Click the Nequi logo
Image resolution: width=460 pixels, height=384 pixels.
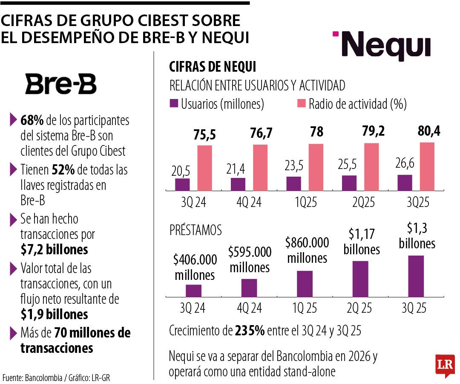pos(382,46)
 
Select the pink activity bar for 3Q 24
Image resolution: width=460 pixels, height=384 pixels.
pos(204,168)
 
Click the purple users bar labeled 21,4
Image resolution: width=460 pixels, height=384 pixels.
pos(238,184)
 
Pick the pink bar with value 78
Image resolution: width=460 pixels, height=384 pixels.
pos(316,167)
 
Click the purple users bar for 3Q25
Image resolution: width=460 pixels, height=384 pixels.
pos(405,182)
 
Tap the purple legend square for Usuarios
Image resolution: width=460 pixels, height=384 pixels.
pos(174,104)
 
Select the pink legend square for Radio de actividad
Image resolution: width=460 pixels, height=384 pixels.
pos(301,104)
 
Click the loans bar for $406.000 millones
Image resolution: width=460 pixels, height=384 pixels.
pos(193,291)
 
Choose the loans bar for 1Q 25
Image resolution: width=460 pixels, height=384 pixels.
pos(305,284)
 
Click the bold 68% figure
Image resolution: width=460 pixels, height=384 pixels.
pos(29,120)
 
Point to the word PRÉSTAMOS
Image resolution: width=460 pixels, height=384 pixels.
pos(195,231)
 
